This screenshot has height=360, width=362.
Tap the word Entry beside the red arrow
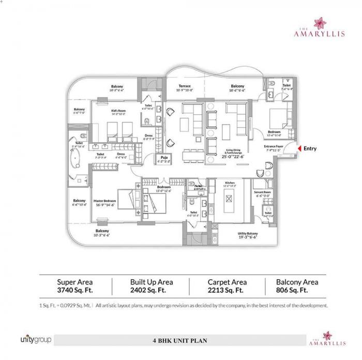tap(310, 148)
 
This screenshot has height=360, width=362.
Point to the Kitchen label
tap(230, 183)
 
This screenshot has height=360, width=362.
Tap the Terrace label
tap(185, 86)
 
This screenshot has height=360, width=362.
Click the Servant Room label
tap(263, 192)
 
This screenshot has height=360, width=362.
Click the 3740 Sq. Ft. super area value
tap(74, 291)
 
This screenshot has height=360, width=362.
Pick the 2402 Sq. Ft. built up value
tap(151, 291)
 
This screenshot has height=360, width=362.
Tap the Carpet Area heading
tap(227, 282)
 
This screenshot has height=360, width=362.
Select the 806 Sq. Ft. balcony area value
tap(297, 291)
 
